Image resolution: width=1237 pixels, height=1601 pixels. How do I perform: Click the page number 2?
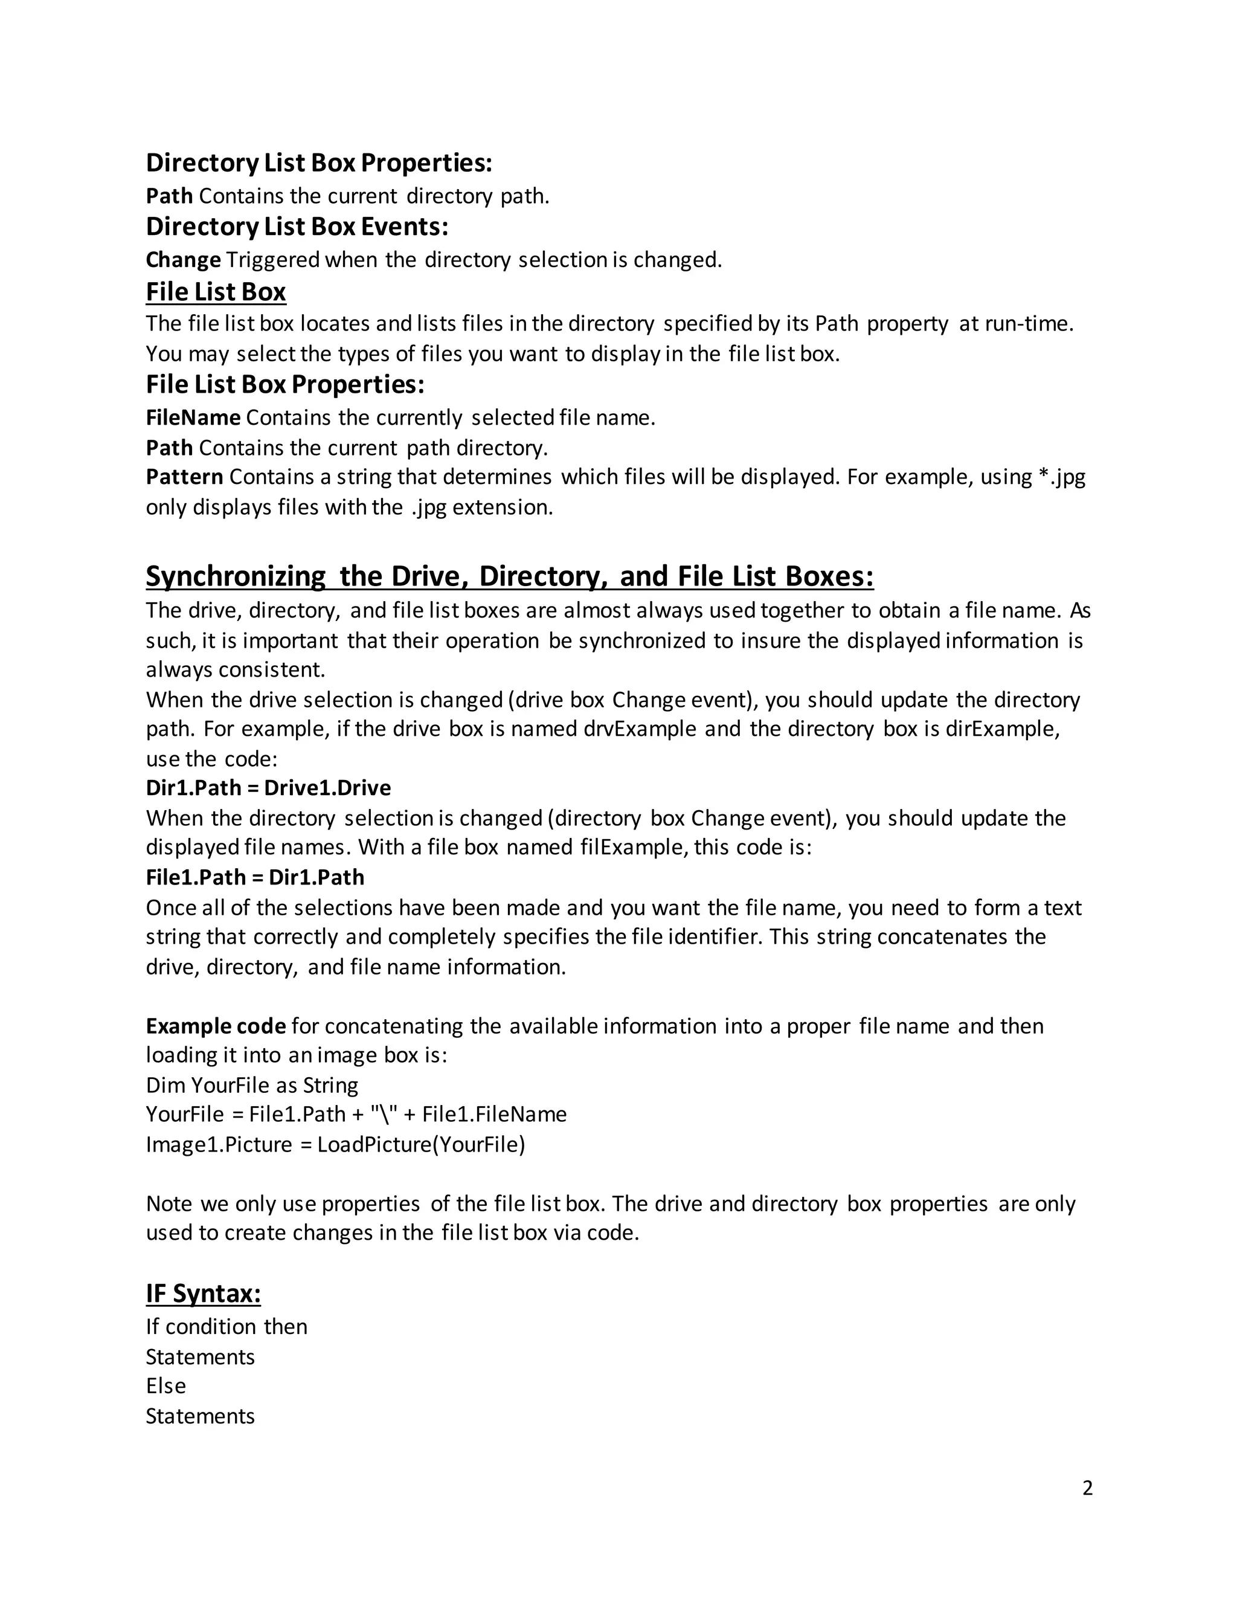[x=1087, y=1487]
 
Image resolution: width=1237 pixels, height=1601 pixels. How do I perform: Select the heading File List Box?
[x=216, y=292]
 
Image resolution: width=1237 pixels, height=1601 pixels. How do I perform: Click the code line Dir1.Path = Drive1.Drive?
[x=268, y=788]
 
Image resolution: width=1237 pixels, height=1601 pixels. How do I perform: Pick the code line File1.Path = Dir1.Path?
[x=254, y=877]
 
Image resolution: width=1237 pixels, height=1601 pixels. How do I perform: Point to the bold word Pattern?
[x=184, y=477]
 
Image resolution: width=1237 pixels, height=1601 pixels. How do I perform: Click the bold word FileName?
[x=193, y=418]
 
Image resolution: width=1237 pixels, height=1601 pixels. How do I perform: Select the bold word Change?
[x=183, y=260]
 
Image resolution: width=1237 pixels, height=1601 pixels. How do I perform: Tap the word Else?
[x=165, y=1385]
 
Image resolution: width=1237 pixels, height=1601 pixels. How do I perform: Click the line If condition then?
[x=227, y=1326]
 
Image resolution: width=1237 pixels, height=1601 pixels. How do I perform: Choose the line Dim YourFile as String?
[x=252, y=1085]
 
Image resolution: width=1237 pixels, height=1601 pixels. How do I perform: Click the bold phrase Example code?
[x=216, y=1026]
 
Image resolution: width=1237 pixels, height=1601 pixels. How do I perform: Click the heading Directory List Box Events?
[x=297, y=227]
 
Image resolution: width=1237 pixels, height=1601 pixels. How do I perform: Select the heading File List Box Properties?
[x=285, y=384]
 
